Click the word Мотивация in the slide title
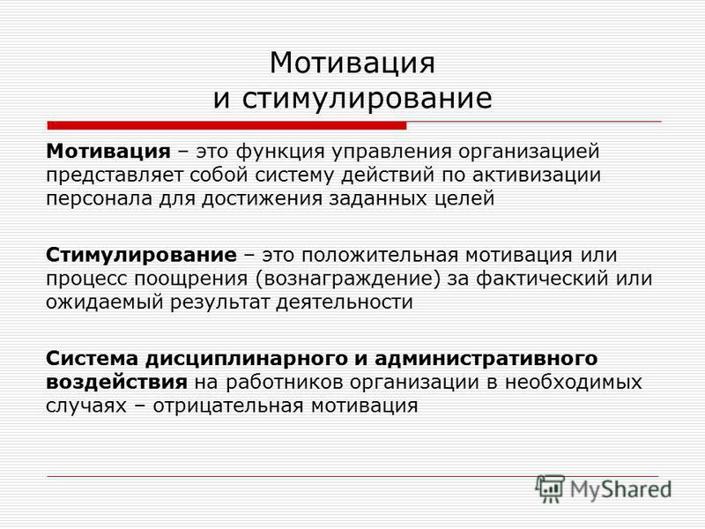pos(352,63)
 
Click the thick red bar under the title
pos(226,125)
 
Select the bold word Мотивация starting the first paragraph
pos(108,151)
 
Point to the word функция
pos(280,153)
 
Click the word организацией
pos(529,153)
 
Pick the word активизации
pos(537,175)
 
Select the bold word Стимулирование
pos(141,256)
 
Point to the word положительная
pos(380,256)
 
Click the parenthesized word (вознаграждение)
pos(348,279)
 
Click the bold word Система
pos(93,359)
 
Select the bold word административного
pos(486,360)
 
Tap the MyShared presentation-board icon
pos(549,488)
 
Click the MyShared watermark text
pos(621,489)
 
